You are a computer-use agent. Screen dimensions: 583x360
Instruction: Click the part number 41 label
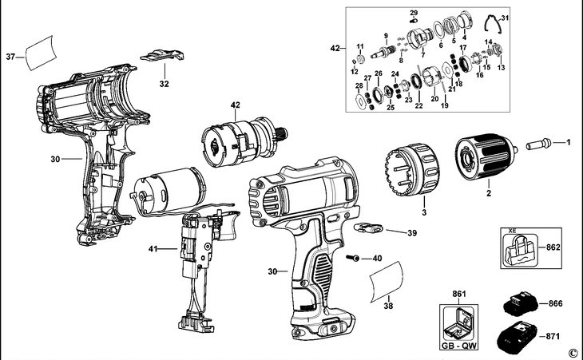point(153,249)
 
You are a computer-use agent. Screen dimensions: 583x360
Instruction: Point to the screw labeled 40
point(353,258)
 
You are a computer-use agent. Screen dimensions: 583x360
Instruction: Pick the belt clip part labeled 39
point(368,227)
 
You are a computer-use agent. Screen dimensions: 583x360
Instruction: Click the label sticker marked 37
point(42,53)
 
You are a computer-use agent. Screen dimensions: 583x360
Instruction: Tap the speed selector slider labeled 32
point(162,56)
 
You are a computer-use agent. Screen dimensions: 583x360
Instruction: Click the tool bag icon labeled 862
point(521,250)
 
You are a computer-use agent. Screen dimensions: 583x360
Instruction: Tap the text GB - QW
point(459,346)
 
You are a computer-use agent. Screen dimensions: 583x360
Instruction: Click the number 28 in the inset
point(359,86)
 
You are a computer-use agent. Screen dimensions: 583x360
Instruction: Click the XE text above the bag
point(513,231)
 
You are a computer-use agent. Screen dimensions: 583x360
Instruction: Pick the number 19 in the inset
point(444,105)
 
